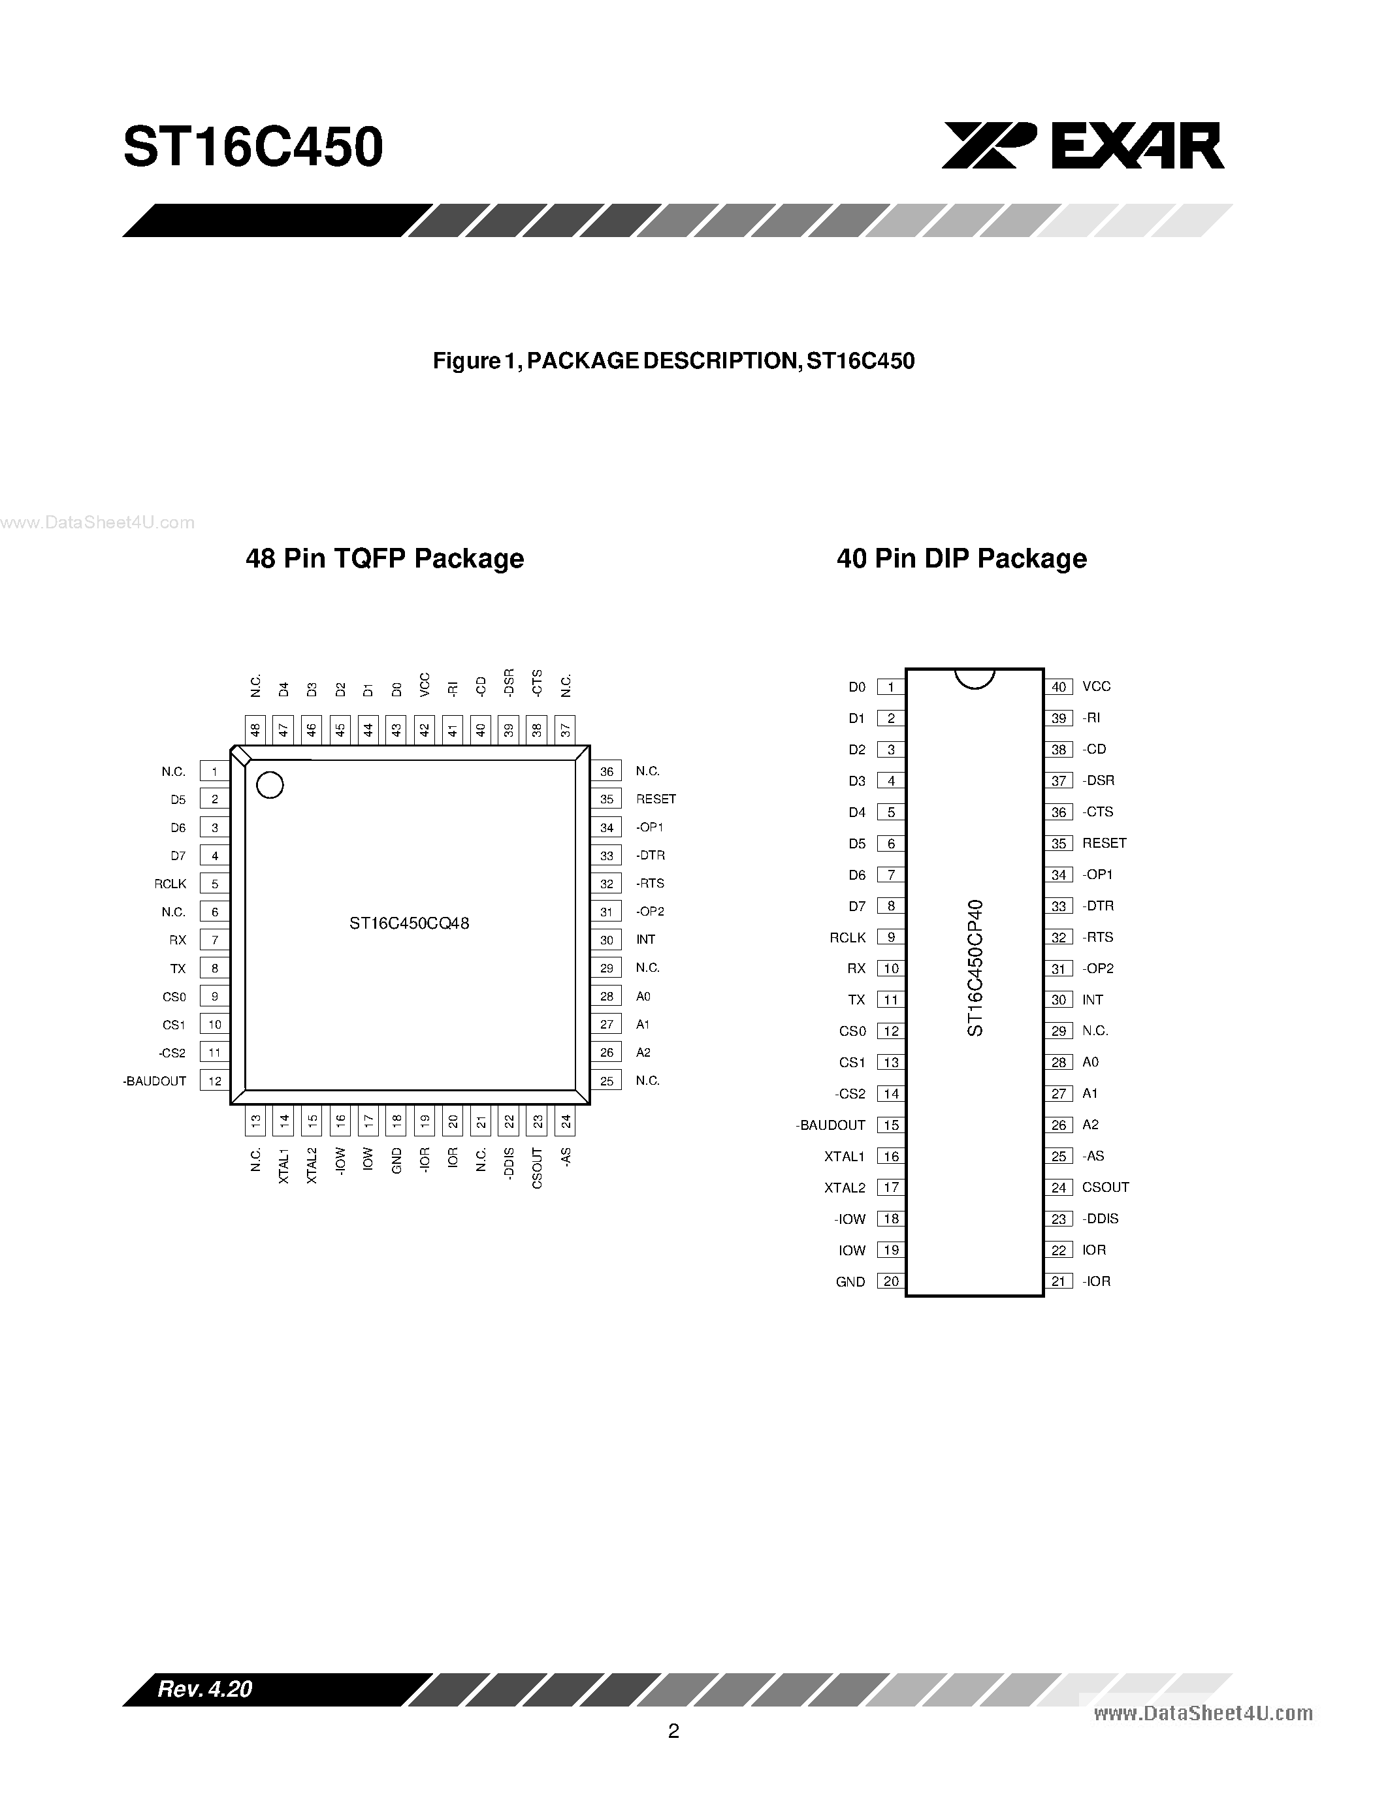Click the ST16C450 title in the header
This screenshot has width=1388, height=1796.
point(253,148)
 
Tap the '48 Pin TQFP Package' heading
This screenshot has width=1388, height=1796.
point(385,559)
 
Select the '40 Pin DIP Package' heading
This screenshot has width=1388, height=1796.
point(961,559)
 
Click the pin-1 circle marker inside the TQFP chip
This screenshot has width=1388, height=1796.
point(270,785)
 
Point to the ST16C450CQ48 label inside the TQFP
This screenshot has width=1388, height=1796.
point(410,923)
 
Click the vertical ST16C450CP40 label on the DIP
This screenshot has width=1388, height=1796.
point(975,968)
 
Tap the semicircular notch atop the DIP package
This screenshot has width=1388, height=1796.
point(975,679)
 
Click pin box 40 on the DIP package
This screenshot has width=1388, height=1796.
point(1058,686)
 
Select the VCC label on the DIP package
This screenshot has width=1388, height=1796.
point(1096,686)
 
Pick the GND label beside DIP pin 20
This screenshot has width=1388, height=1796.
point(850,1282)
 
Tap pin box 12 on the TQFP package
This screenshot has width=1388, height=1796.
point(215,1082)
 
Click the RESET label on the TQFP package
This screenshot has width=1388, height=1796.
point(655,799)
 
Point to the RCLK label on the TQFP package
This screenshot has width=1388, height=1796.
point(170,884)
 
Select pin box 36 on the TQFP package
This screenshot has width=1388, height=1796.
point(607,771)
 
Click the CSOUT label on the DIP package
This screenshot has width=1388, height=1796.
point(1105,1187)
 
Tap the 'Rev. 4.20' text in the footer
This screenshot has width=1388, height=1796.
point(204,1689)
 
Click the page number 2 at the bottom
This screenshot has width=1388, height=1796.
point(673,1732)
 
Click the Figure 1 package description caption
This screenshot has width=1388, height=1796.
point(673,361)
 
